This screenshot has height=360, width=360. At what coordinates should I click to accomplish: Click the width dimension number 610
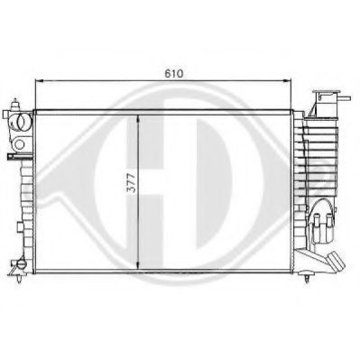(171, 70)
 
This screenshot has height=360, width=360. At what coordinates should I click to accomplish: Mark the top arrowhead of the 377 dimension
(137, 114)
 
